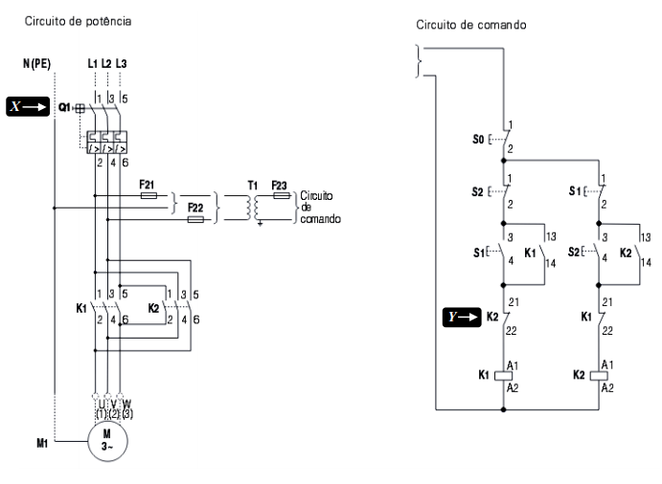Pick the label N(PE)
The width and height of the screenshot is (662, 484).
pyautogui.click(x=37, y=64)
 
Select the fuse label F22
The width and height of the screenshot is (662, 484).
pyautogui.click(x=195, y=207)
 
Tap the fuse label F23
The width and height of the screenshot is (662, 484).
pyautogui.click(x=279, y=184)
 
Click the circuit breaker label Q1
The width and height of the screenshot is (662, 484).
pyautogui.click(x=65, y=107)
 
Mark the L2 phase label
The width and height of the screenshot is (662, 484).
pyautogui.click(x=105, y=64)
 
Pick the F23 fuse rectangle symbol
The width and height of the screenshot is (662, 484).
pyautogui.click(x=280, y=195)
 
